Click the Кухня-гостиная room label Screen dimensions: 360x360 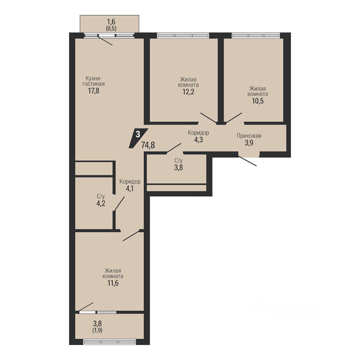[93, 81]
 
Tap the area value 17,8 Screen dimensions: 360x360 [93, 91]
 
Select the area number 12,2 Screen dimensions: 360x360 [189, 92]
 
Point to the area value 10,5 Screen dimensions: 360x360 [258, 101]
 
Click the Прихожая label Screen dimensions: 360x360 [249, 136]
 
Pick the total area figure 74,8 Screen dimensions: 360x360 [148, 145]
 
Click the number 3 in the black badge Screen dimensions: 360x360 [138, 134]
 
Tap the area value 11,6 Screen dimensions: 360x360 [113, 283]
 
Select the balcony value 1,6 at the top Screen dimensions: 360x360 [111, 22]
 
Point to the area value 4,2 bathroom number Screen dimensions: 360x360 [101, 203]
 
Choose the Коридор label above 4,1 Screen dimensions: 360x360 [130, 181]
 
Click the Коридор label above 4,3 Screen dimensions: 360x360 [199, 133]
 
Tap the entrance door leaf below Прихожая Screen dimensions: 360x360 [247, 161]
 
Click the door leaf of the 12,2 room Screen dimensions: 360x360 [208, 118]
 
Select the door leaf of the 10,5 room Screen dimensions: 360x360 [234, 118]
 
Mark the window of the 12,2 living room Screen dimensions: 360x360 [183, 35]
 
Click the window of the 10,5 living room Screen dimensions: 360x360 [256, 35]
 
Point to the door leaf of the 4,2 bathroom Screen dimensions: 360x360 [119, 203]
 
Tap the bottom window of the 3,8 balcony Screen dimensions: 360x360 [109, 342]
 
